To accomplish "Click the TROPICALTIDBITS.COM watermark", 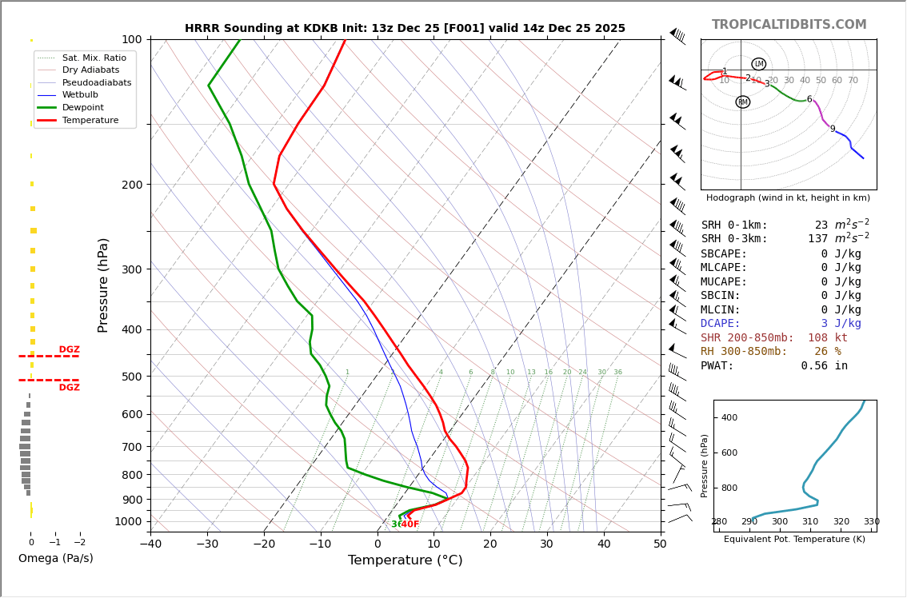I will point(789,25).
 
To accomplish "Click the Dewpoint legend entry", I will point(83,107).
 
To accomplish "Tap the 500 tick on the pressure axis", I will point(131,377).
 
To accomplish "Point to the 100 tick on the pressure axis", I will point(131,39).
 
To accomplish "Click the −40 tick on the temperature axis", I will point(150,544).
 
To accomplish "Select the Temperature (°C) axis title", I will point(405,560).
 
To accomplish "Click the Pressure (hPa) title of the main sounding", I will point(103,285).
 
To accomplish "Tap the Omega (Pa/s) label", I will point(56,558).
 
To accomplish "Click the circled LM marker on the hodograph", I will point(758,64).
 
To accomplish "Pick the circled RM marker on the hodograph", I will point(742,102).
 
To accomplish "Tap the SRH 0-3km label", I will point(733,239).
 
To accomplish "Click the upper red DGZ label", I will point(69,349).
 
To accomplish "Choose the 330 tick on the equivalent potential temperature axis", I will point(871,522).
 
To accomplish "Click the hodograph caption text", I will point(788,197).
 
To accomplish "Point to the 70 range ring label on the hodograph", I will point(853,81).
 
